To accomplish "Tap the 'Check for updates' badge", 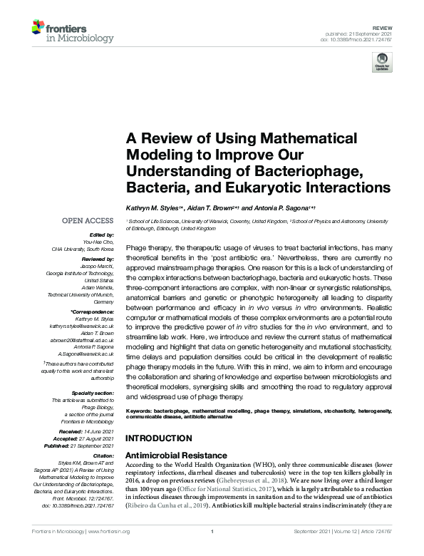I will click(383, 61).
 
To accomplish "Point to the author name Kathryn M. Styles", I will click(154, 207).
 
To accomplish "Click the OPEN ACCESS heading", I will click(88, 221).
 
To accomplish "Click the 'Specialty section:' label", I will click(92, 393).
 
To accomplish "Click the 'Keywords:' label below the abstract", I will click(143, 412).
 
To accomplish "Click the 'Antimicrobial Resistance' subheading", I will click(176, 455).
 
